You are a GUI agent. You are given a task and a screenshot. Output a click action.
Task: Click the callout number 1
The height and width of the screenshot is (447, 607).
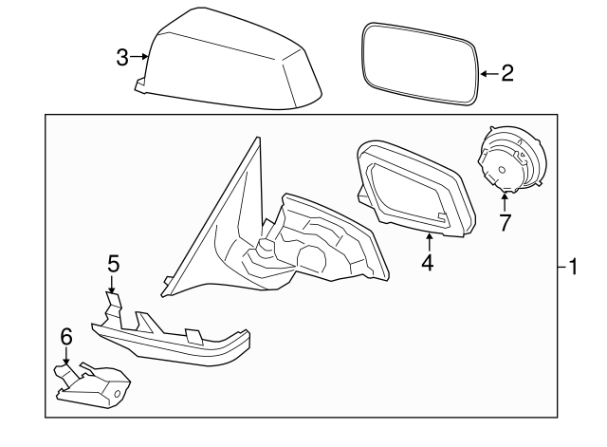point(573,268)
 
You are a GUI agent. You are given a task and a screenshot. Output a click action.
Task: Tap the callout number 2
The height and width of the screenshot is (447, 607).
point(507,73)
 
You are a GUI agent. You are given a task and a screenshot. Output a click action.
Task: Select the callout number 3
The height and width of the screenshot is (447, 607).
point(122,58)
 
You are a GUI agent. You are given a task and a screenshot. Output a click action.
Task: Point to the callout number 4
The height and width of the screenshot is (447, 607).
point(428,263)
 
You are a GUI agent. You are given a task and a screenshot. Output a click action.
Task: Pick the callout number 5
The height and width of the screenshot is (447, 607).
point(113,264)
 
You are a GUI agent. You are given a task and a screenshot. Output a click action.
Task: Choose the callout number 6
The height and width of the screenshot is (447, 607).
point(65,335)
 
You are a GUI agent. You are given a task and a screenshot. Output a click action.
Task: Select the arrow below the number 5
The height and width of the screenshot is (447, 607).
point(112,285)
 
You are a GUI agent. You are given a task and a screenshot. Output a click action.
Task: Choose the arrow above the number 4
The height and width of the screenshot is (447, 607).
point(428,241)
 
